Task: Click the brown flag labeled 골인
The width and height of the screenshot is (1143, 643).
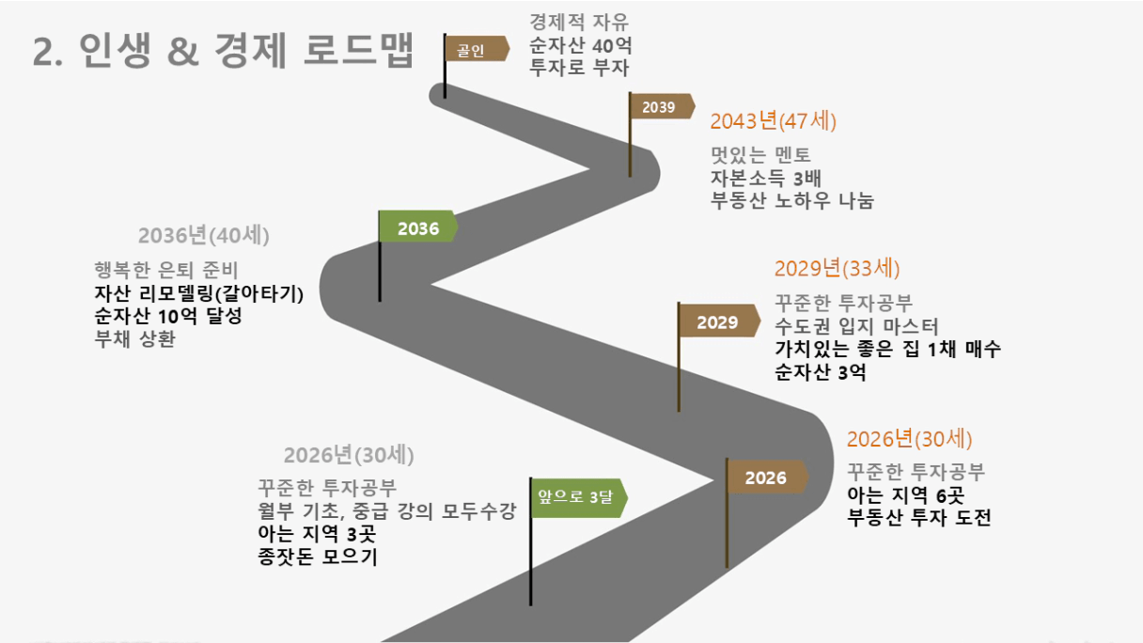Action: click(475, 50)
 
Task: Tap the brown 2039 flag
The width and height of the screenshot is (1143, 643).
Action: click(661, 106)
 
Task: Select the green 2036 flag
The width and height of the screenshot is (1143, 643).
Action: click(417, 227)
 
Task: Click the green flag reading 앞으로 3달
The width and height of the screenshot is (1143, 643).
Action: click(576, 497)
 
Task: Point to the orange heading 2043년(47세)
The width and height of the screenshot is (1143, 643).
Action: click(773, 121)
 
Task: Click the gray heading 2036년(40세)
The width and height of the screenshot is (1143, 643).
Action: click(210, 235)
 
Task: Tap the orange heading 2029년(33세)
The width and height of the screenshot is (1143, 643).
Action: click(837, 268)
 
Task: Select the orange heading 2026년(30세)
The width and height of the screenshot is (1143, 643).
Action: click(909, 439)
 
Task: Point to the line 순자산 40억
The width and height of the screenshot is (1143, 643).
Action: click(579, 44)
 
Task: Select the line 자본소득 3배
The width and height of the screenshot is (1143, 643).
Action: click(766, 178)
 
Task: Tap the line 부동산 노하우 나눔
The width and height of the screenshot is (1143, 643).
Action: click(791, 200)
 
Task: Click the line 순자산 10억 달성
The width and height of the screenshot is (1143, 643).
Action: click(168, 316)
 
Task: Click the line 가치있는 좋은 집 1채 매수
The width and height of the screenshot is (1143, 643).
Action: click(887, 349)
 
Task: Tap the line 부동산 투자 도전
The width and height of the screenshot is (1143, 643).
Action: click(918, 518)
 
